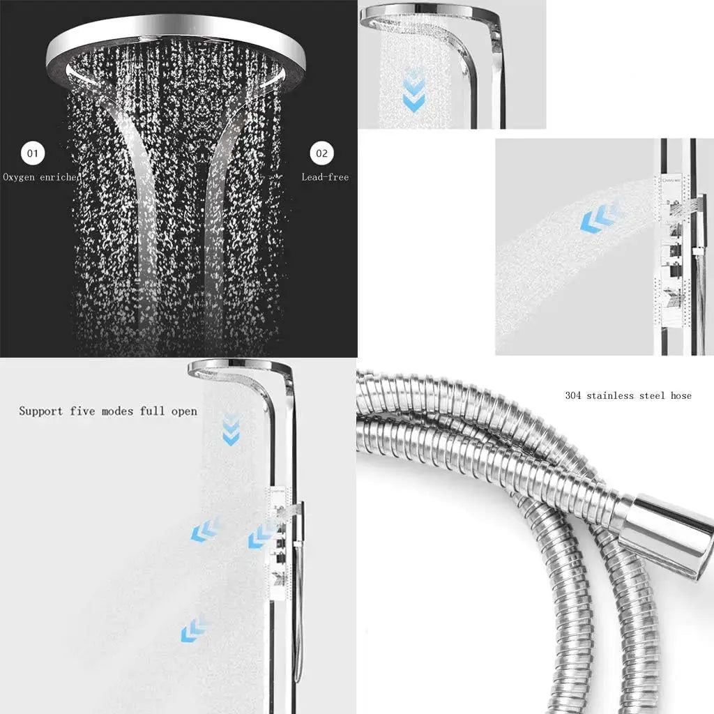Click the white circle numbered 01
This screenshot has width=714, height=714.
[33, 153]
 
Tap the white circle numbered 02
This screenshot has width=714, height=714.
[321, 153]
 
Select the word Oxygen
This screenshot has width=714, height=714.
[19, 178]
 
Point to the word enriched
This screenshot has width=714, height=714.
[61, 178]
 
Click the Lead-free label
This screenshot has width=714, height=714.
[325, 177]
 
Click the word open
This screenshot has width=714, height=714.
[184, 411]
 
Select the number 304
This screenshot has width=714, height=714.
[573, 395]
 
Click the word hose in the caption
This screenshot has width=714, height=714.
[681, 395]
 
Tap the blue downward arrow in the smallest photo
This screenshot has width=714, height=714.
[413, 91]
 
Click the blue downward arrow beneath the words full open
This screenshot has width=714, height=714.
[230, 429]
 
